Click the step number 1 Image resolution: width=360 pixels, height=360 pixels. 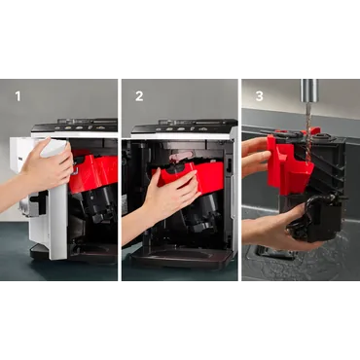[x=18, y=96]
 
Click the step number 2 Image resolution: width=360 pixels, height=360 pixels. [x=139, y=96]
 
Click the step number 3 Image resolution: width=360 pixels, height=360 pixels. [x=259, y=96]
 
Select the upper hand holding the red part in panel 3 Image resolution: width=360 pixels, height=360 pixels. [x=255, y=157]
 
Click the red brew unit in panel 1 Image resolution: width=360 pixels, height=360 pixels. [x=94, y=173]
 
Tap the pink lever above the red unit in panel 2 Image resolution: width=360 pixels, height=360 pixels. [x=181, y=157]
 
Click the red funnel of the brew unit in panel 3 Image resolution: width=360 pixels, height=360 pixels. [x=290, y=168]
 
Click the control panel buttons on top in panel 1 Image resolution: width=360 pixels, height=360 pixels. [x=85, y=126]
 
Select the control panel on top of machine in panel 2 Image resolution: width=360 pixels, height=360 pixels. [x=185, y=126]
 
